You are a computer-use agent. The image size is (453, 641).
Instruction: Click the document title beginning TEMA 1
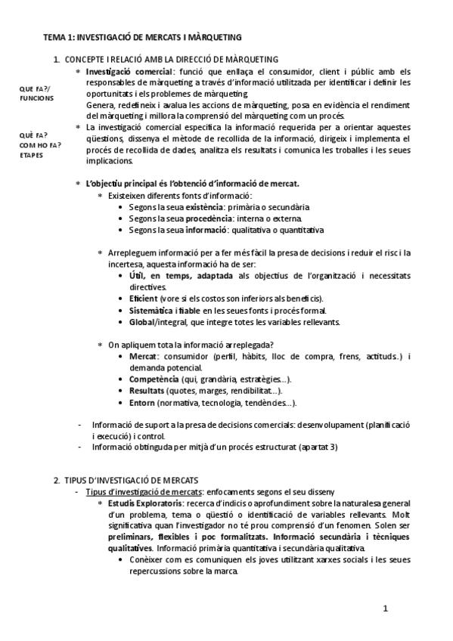click(x=142, y=36)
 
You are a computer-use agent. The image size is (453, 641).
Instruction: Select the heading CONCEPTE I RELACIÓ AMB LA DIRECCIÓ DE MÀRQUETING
click(x=172, y=59)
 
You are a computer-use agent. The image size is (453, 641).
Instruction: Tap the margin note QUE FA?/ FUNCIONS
click(x=36, y=93)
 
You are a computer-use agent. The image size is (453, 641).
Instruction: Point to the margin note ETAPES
click(x=32, y=155)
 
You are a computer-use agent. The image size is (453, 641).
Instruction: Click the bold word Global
click(x=141, y=321)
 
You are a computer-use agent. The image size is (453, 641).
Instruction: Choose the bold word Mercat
click(x=143, y=356)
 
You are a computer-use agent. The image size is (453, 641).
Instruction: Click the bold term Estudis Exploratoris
click(x=143, y=503)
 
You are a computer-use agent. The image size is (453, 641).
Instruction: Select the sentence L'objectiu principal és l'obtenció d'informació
click(x=193, y=184)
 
